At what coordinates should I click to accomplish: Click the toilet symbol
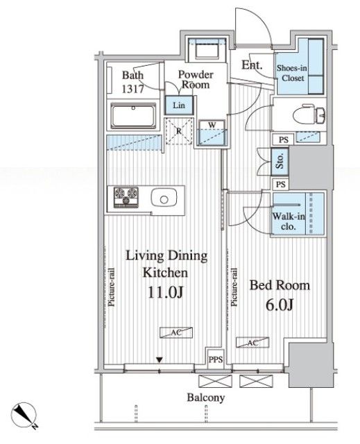(x=309, y=114)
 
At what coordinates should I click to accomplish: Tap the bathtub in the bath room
(x=133, y=116)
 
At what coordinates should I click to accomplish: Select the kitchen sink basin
(x=164, y=198)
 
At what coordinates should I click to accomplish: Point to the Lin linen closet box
(x=179, y=105)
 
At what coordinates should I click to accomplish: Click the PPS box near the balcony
(x=216, y=359)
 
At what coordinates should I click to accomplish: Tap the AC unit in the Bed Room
(x=252, y=343)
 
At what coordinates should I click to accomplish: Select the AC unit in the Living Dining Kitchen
(x=176, y=332)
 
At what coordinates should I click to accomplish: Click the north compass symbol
(x=24, y=414)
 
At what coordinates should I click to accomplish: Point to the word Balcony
(x=206, y=398)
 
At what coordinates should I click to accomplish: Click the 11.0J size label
(x=166, y=293)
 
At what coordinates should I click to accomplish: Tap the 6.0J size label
(x=280, y=305)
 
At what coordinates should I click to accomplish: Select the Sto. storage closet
(x=280, y=162)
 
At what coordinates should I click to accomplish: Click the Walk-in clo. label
(x=289, y=221)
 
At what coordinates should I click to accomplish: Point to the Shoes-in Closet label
(x=292, y=73)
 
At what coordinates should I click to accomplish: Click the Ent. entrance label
(x=252, y=65)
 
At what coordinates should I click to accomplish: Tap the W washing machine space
(x=212, y=133)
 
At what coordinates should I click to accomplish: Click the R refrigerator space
(x=179, y=131)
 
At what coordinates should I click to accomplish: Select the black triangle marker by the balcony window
(x=160, y=360)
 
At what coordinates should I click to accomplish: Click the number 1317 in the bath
(x=132, y=89)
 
